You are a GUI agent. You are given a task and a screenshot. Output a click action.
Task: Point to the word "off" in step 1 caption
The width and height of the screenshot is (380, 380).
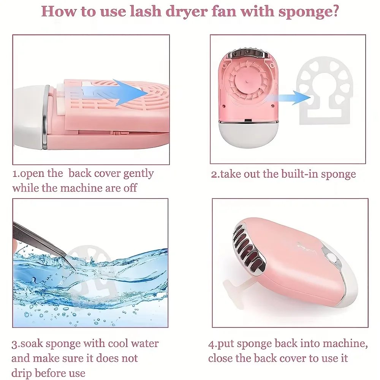point(129,188)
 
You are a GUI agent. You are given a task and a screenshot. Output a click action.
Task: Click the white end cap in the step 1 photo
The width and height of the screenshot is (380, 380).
point(28,114)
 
